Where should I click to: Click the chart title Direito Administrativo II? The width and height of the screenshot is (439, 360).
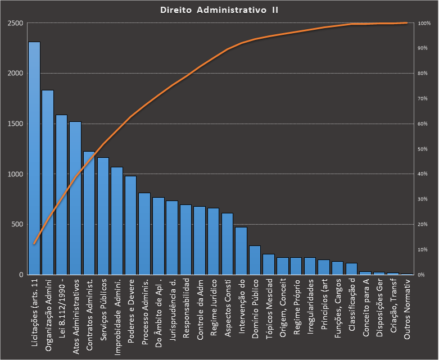pos(219,10)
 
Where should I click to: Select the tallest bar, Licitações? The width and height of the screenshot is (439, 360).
pos(34,157)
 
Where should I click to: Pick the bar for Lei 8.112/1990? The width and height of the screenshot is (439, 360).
pos(62,194)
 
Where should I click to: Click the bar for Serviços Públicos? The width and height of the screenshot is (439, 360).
pos(103,216)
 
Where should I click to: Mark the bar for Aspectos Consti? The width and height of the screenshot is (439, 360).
pos(227,244)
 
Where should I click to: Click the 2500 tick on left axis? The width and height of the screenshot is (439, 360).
pos(15,23)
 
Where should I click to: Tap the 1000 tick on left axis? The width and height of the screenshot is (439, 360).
pos(15,174)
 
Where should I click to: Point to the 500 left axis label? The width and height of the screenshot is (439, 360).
pos(16,225)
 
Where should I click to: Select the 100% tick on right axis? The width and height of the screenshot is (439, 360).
pos(424,23)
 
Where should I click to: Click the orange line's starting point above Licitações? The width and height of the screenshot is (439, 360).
pos(34,244)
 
